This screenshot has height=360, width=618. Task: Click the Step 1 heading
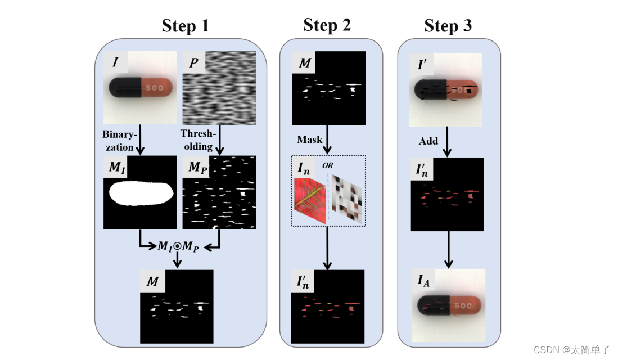click(185, 26)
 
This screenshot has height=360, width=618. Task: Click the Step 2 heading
click(327, 25)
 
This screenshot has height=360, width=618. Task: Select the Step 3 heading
click(448, 26)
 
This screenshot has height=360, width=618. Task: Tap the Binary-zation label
click(118, 141)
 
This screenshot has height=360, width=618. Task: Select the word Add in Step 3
click(428, 141)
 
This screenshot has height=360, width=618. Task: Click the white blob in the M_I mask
click(139, 193)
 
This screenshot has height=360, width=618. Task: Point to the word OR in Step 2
click(328, 165)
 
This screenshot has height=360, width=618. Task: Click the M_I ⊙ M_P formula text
click(177, 246)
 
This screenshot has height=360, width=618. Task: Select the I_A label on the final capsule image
click(423, 280)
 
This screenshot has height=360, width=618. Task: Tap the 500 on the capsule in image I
click(155, 88)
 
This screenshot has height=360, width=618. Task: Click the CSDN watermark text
click(571, 349)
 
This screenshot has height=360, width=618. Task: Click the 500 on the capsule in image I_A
click(463, 307)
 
